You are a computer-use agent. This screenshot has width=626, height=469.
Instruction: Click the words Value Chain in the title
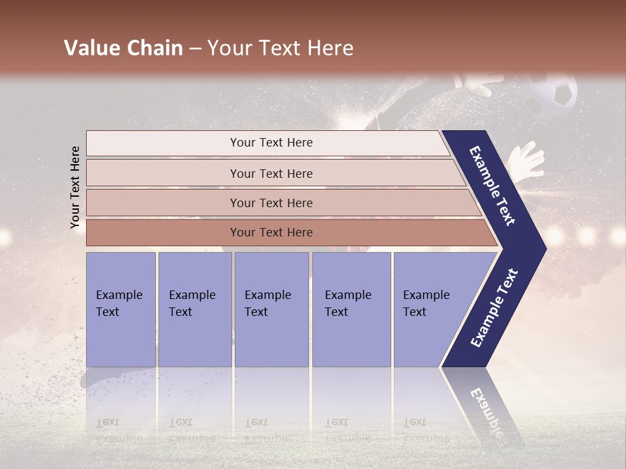[123, 48]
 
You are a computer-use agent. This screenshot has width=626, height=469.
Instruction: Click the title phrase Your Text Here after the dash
[280, 48]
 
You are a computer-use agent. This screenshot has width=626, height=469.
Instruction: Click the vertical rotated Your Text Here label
[75, 187]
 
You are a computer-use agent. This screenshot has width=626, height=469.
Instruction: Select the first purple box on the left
[121, 309]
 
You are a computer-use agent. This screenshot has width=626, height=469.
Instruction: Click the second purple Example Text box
[194, 309]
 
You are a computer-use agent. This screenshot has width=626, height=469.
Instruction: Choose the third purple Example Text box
[271, 309]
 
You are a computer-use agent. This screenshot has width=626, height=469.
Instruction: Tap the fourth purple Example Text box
[351, 309]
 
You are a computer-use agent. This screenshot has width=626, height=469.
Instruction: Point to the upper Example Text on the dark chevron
[493, 186]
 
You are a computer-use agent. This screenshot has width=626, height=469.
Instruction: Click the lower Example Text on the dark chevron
[494, 308]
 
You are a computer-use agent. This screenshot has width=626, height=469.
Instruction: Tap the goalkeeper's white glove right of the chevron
[527, 160]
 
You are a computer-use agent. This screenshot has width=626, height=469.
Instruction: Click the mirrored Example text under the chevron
[486, 407]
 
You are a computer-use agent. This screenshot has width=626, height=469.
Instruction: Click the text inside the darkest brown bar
[271, 233]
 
